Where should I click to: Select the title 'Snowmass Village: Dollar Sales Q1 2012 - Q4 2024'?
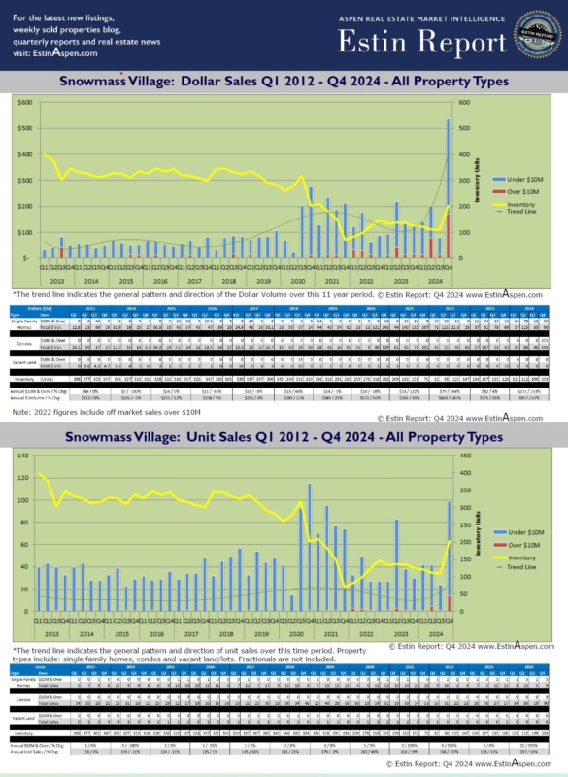click(284, 82)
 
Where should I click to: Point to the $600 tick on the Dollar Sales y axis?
click(26, 102)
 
